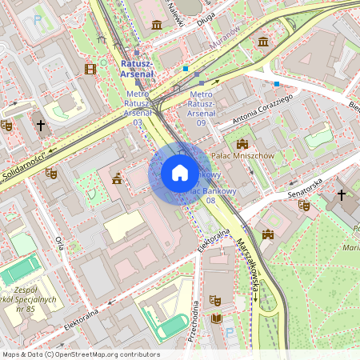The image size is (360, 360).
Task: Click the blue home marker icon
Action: point(179,173)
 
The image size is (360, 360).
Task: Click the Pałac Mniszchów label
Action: point(242,155)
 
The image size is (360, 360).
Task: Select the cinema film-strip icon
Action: point(90,69)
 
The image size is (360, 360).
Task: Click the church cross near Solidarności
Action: point(41,126)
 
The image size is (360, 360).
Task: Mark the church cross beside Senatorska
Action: point(342,194)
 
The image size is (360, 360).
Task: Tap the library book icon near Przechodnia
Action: point(215,318)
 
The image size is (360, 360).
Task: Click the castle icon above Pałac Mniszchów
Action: point(242,142)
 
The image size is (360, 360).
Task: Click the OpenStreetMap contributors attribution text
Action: point(80,354)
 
